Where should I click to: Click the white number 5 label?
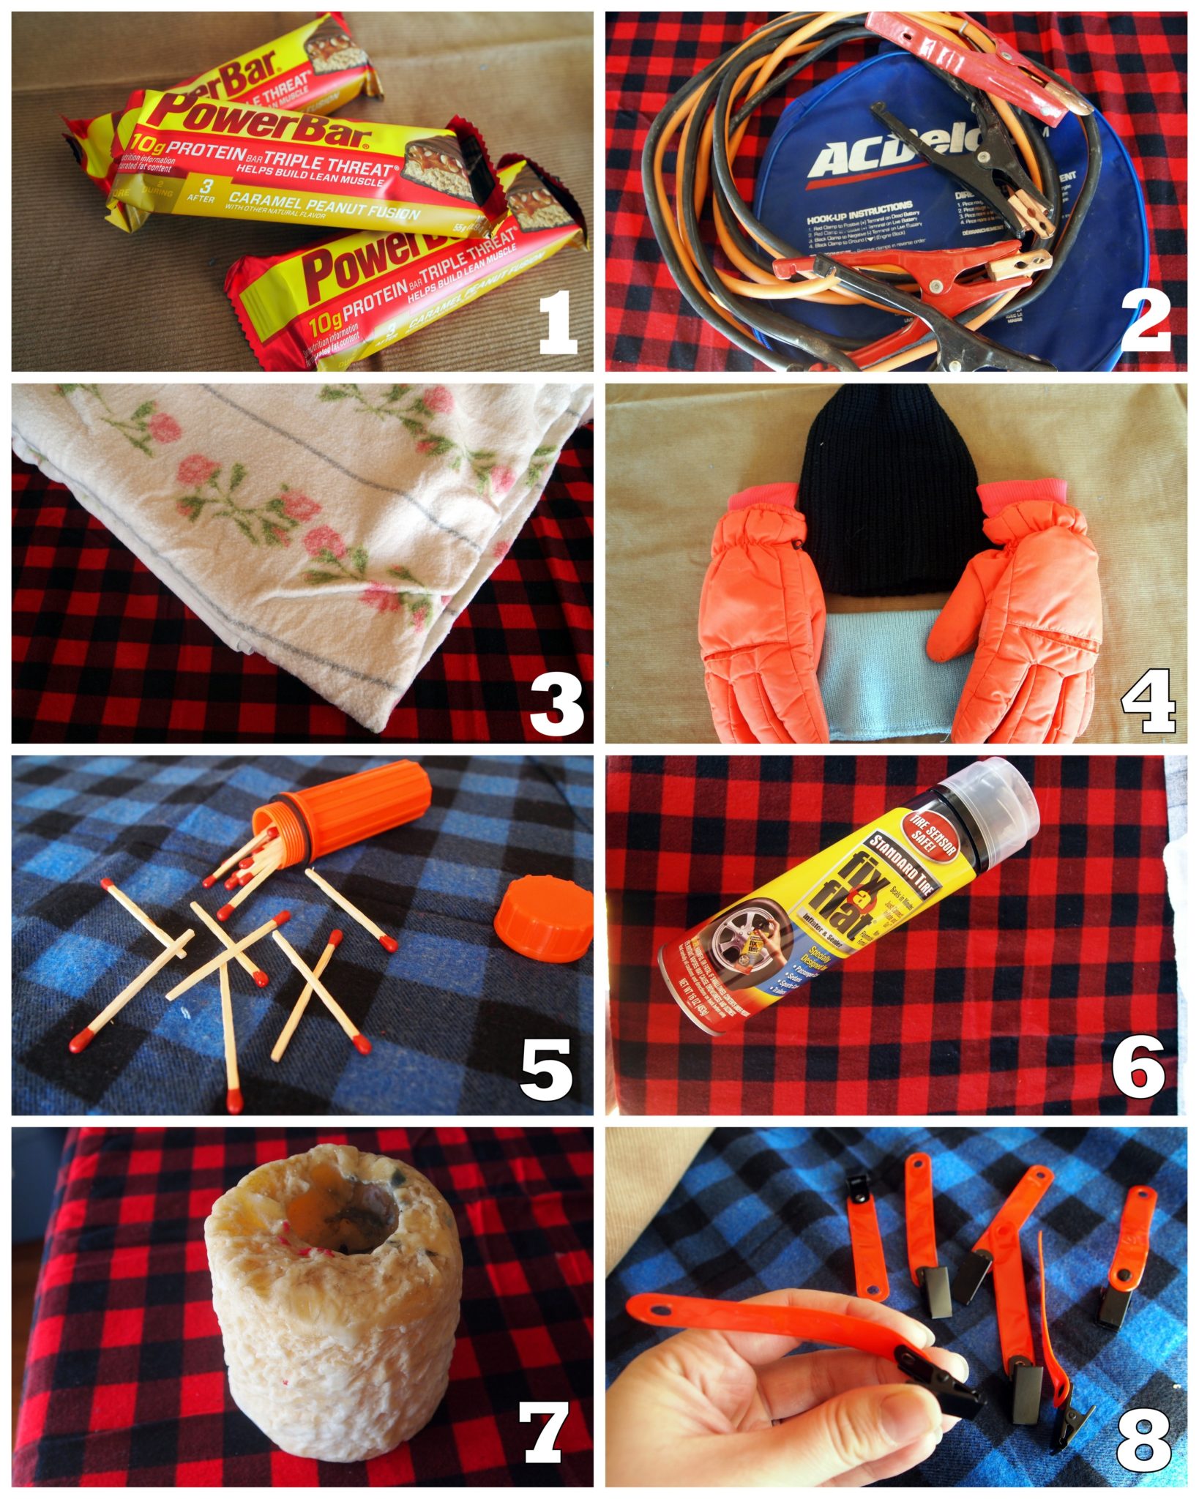coord(545,1070)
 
